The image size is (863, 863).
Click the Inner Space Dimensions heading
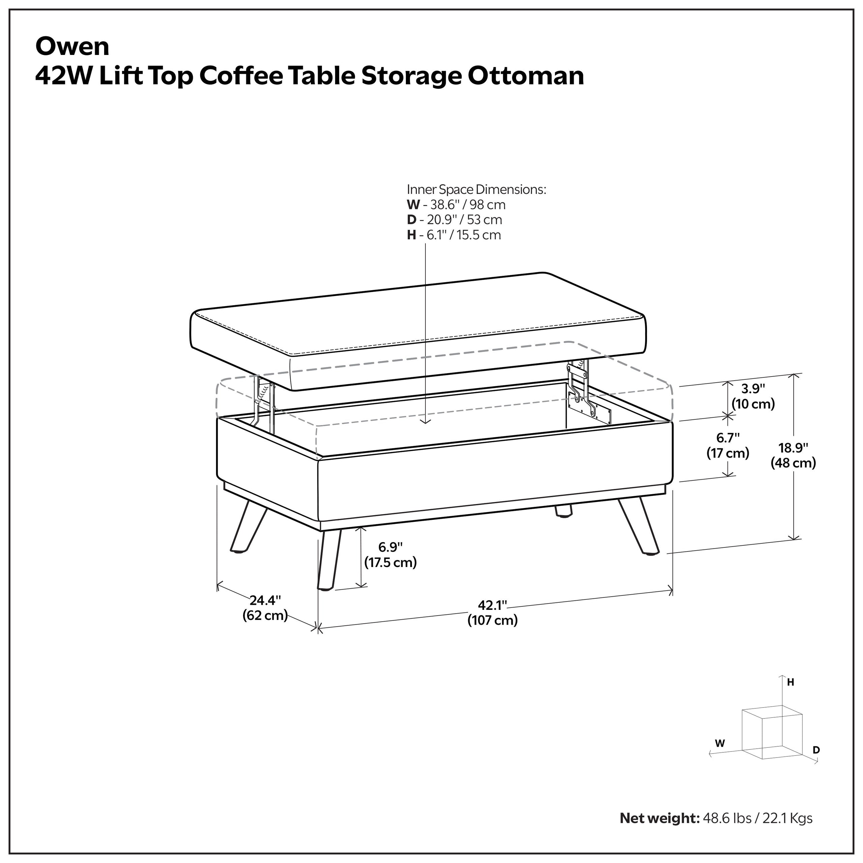pos(476,189)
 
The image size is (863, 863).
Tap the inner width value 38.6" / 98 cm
pos(467,205)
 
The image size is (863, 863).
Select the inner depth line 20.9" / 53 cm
pos(465,220)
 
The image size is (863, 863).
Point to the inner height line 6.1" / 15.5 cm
pos(464,235)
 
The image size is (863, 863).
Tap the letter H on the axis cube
pos(790,683)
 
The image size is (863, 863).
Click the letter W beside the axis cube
pos(720,744)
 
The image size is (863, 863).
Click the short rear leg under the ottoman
pos(563,511)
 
